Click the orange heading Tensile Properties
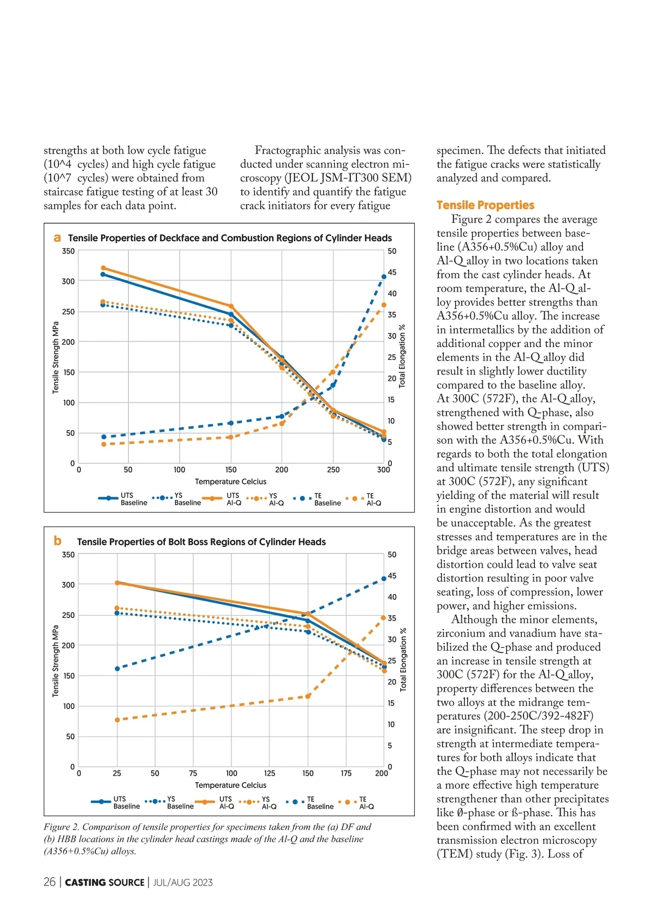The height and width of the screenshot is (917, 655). (485, 205)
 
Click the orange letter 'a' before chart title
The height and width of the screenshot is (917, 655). (57, 238)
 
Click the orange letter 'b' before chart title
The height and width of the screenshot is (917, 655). (57, 541)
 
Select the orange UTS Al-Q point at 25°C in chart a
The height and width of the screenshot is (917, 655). (103, 268)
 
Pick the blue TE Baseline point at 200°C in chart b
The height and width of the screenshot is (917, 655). (384, 579)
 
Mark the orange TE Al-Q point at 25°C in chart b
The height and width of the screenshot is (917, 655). (117, 720)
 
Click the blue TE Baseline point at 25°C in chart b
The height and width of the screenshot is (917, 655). (117, 669)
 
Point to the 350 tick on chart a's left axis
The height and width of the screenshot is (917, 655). (68, 252)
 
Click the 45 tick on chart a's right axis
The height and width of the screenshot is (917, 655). (392, 272)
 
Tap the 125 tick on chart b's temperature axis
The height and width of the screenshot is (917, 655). (270, 773)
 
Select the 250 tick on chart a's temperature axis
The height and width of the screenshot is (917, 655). (333, 470)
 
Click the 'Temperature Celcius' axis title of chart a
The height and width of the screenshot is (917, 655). (230, 481)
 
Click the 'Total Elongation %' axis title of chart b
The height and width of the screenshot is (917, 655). (403, 659)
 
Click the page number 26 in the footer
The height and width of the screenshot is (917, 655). (50, 883)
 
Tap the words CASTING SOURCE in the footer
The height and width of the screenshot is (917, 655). (105, 883)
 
